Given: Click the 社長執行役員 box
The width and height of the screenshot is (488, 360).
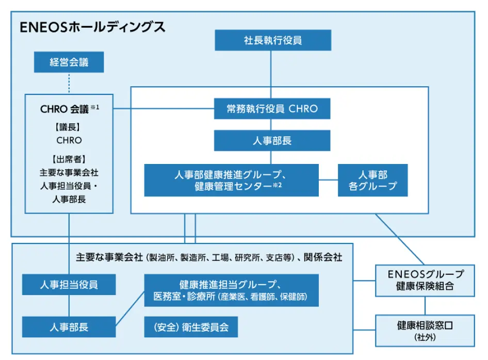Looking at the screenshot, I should [x=272, y=40].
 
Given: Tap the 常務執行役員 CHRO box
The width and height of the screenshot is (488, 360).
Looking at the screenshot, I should [x=272, y=109].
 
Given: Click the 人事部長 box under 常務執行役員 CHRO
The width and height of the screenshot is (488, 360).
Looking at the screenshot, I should [x=272, y=140].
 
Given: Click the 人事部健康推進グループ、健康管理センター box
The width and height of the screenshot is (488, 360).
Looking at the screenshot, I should [x=231, y=180].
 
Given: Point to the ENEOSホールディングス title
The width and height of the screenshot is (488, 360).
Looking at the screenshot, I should [x=92, y=27].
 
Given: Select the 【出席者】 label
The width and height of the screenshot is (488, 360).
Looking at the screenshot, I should [x=69, y=159].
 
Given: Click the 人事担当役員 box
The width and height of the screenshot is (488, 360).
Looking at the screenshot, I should [x=69, y=284].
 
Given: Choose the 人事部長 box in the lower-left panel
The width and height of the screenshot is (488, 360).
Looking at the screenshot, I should [x=69, y=326].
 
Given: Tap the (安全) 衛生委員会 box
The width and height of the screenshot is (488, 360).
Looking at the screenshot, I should [x=191, y=326].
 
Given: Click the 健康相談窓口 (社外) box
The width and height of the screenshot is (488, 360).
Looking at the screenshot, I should [x=425, y=330].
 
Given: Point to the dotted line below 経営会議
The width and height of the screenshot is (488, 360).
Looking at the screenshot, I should [x=69, y=83].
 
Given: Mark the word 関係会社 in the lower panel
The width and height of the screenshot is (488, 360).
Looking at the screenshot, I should [x=322, y=257].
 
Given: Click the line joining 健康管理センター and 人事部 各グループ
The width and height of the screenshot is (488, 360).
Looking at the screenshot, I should [x=328, y=180].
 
